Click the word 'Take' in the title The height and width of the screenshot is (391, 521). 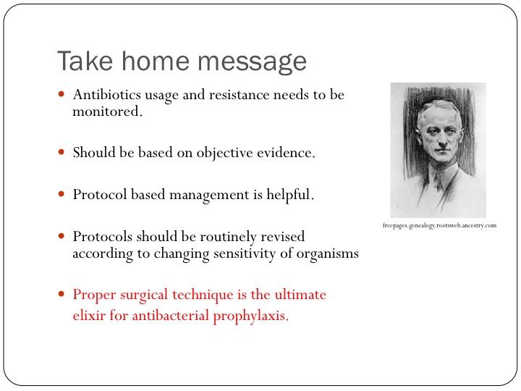85,61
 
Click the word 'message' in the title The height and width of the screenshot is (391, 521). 253,62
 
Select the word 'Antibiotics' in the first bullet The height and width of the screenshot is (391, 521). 107,94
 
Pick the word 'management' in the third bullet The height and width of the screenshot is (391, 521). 209,195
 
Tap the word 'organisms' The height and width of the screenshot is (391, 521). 327,253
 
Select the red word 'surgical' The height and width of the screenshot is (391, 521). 144,295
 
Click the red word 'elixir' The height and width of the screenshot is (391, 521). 89,315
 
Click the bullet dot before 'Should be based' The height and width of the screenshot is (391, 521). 61,152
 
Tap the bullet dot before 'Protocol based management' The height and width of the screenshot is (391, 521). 61,194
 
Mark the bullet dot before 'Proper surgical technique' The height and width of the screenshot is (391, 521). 61,294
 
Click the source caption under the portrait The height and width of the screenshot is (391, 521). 439,225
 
